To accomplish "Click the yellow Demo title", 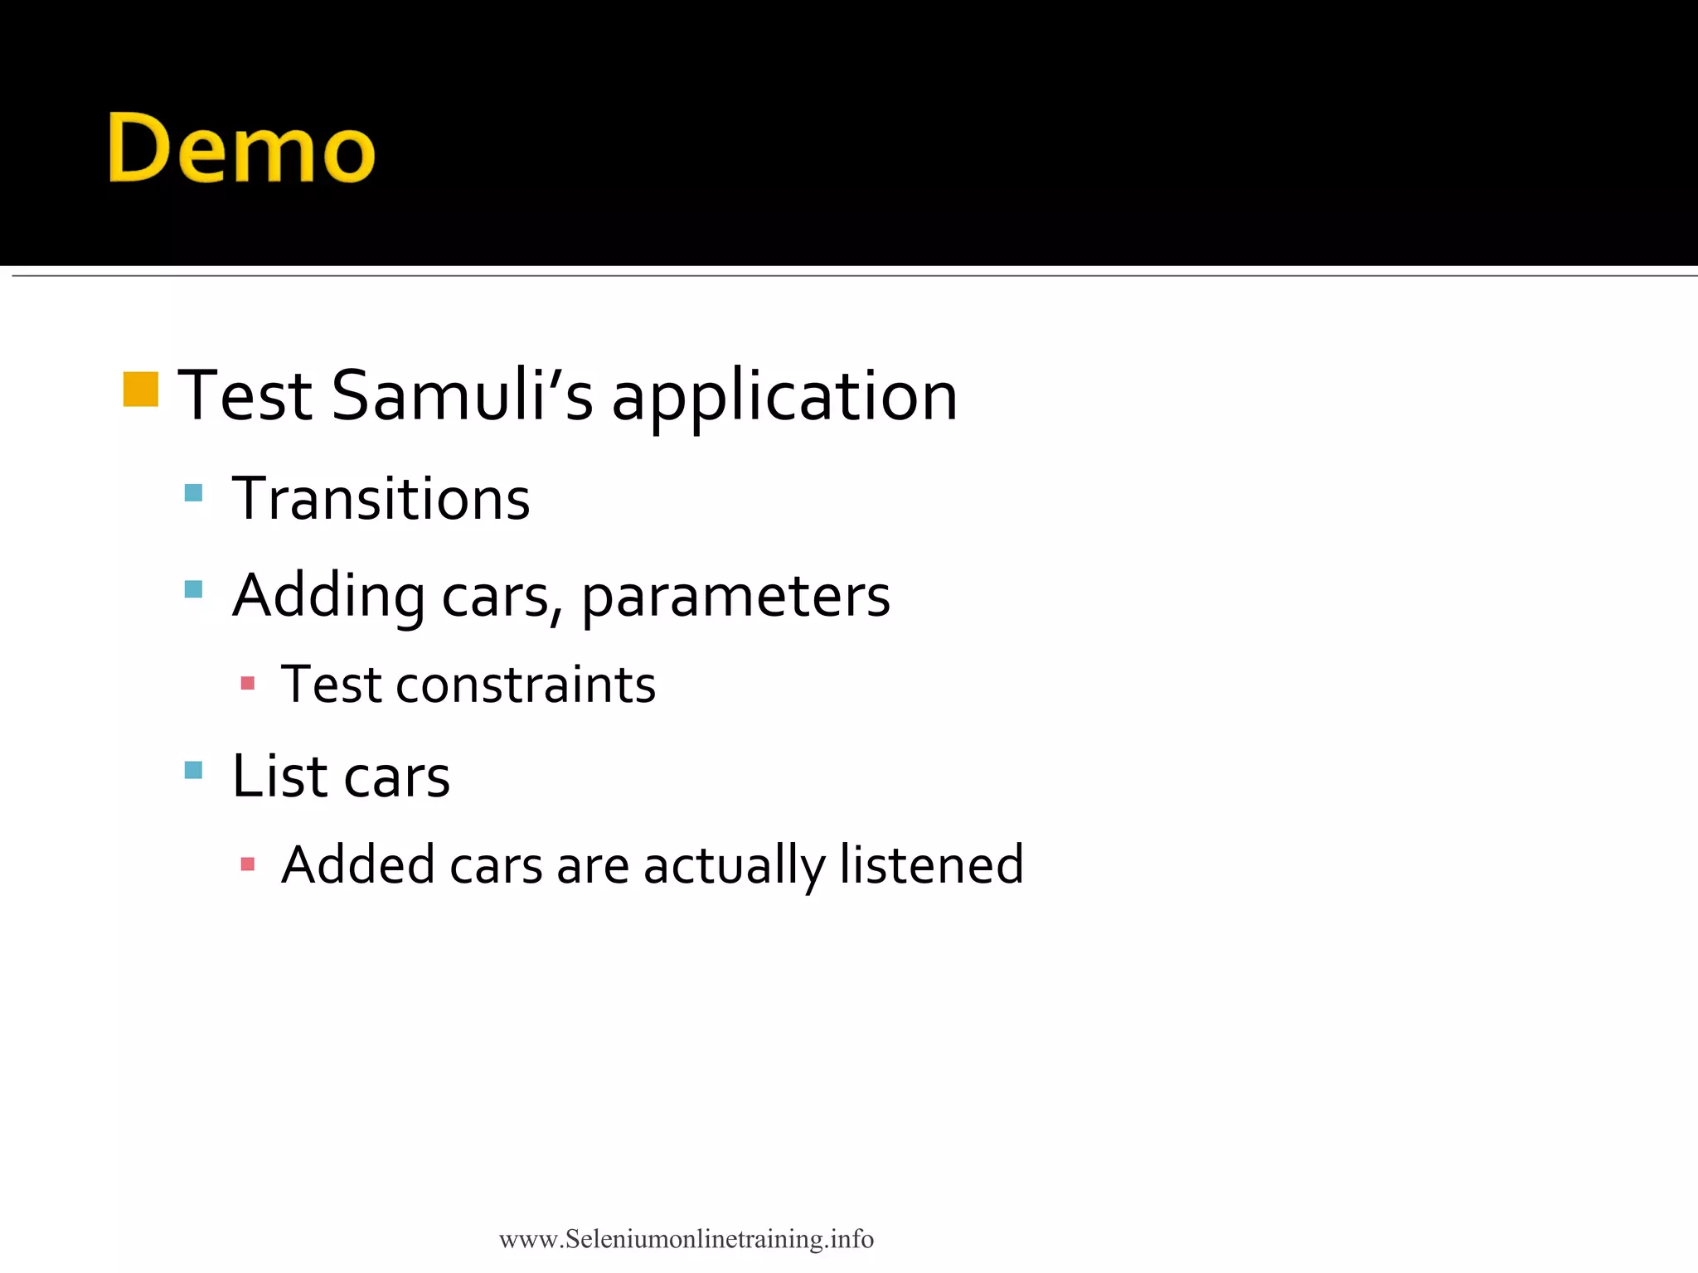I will pos(241,148).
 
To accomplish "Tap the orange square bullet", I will pos(140,390).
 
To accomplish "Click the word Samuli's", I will pos(462,395).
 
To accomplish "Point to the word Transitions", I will pos(381,499).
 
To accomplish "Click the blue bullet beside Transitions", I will pos(193,493).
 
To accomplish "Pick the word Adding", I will pos(328,597).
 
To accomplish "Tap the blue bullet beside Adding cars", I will pos(193,589).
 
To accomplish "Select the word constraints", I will pos(526,685).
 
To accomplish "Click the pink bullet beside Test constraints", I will pos(247,683).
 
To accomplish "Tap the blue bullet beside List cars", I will pos(193,770).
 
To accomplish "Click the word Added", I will pos(358,865).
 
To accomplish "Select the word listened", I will pos(931,865).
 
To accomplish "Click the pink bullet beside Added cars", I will pos(247,864).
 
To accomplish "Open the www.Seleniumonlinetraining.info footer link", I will pos(686,1239).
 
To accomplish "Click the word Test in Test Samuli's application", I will pos(245,395).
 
